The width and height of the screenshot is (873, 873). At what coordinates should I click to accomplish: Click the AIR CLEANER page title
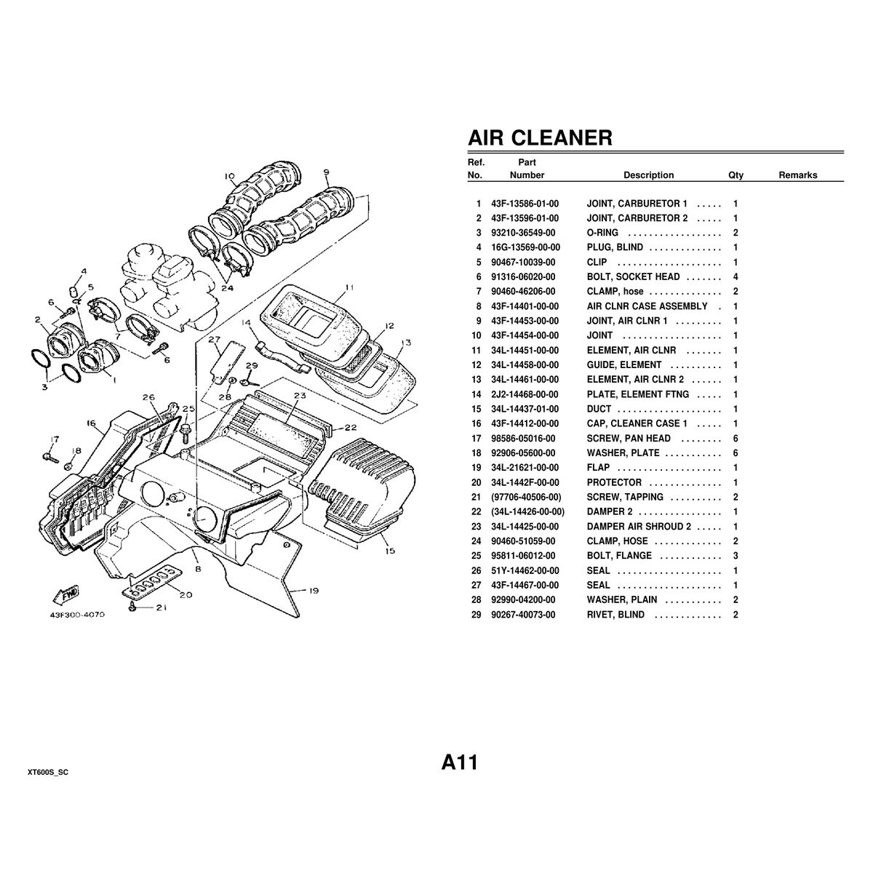click(539, 137)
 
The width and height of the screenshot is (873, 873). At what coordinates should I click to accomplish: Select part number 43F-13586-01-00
click(525, 204)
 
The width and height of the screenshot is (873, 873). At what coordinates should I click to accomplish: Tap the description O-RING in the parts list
click(602, 233)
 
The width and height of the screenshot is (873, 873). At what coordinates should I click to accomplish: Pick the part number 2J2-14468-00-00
click(525, 394)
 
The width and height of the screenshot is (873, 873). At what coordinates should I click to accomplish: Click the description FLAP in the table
click(598, 468)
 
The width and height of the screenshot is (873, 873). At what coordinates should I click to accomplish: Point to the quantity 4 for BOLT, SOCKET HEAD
click(736, 276)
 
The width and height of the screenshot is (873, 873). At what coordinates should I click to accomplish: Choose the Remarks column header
click(797, 175)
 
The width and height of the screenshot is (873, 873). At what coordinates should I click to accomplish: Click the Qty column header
click(736, 175)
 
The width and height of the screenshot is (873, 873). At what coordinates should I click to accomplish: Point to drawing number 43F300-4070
click(78, 615)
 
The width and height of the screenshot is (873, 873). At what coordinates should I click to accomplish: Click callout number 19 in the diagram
click(314, 591)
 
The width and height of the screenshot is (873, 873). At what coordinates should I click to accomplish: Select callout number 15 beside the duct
click(390, 551)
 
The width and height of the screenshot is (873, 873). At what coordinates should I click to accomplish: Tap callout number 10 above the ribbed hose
click(229, 175)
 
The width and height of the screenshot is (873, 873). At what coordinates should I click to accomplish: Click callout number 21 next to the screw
click(160, 608)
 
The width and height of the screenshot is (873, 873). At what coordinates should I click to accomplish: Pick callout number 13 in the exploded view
click(404, 343)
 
